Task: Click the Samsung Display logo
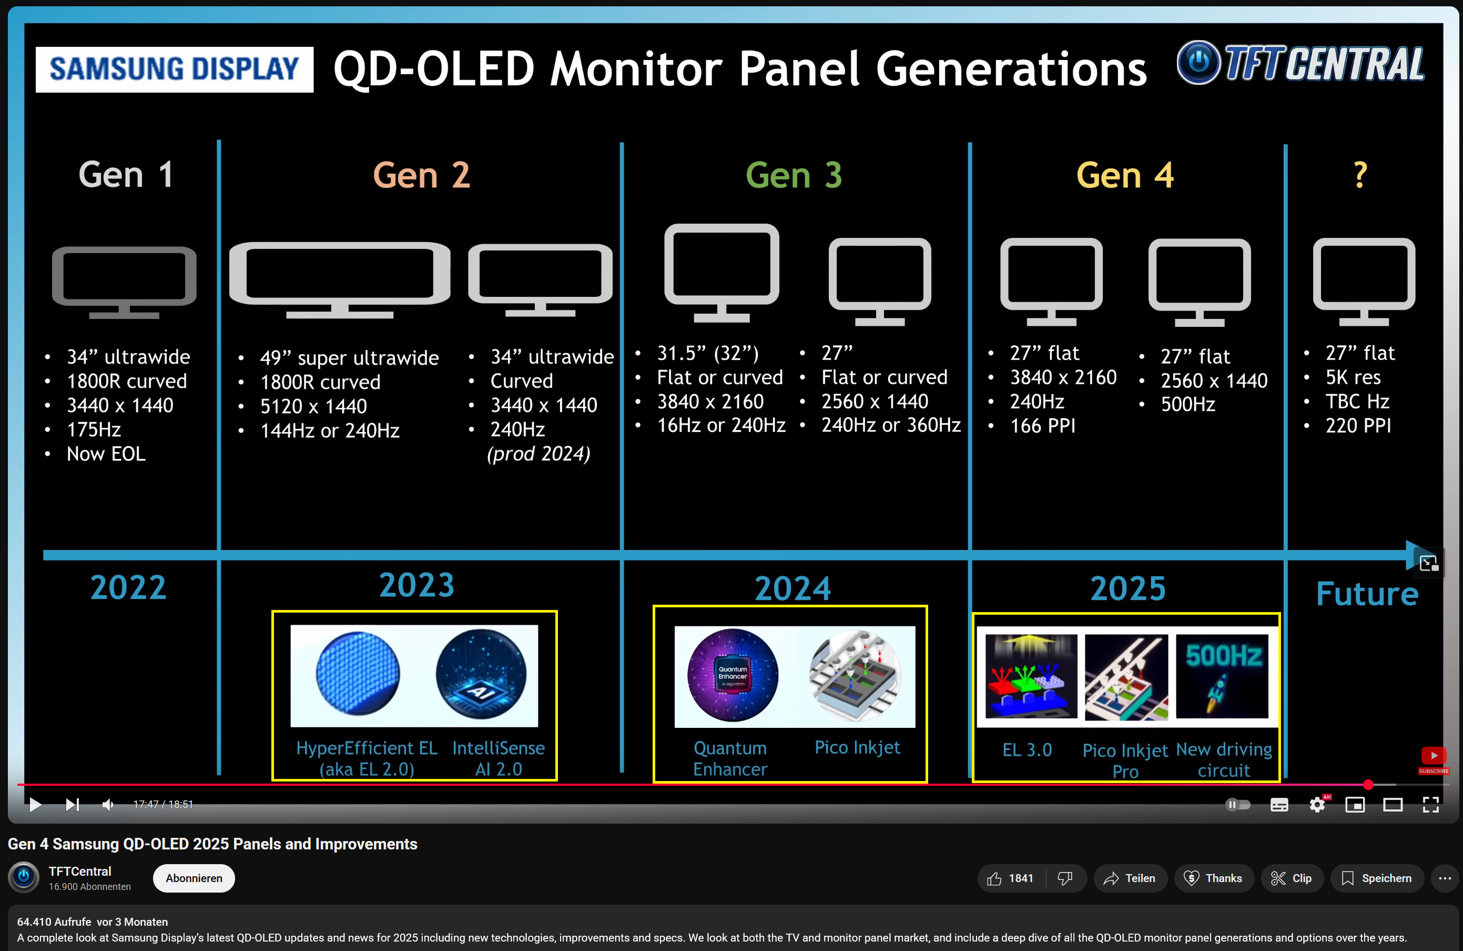[x=175, y=69]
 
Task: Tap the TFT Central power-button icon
[x=1198, y=62]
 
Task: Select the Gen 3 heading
[x=794, y=175]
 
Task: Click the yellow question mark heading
[x=1360, y=175]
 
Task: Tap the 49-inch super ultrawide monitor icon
[x=339, y=280]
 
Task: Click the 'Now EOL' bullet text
[x=106, y=454]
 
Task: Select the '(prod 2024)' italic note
[x=539, y=454]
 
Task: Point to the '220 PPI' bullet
[x=1358, y=426]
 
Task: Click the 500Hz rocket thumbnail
[x=1222, y=676]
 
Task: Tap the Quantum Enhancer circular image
[x=732, y=675]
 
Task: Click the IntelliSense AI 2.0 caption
[x=499, y=758]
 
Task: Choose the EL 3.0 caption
[x=1027, y=750]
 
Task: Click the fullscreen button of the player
[x=1431, y=805]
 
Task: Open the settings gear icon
[x=1317, y=805]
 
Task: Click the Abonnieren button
[x=194, y=878]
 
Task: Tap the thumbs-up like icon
[x=994, y=878]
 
